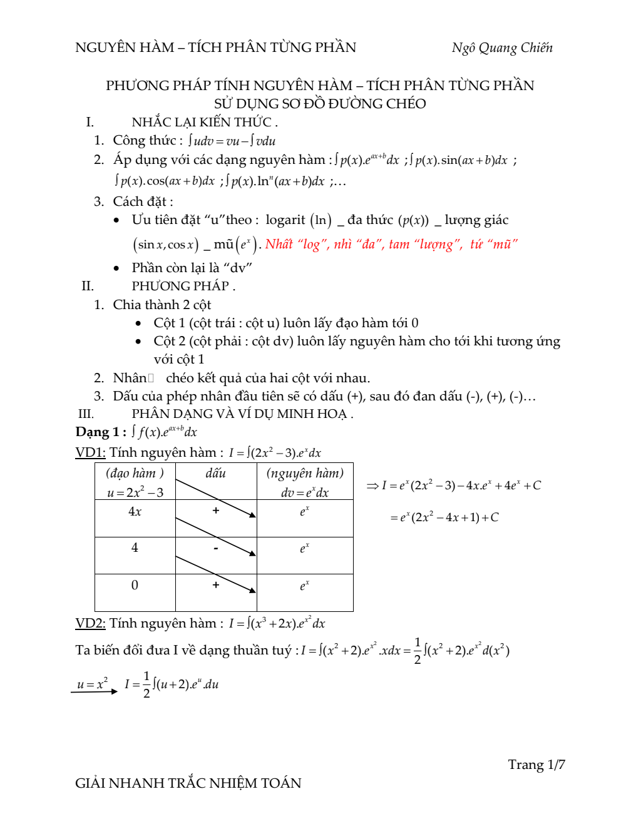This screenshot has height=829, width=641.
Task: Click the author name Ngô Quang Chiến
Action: click(x=502, y=48)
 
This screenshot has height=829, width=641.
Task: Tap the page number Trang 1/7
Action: click(x=536, y=765)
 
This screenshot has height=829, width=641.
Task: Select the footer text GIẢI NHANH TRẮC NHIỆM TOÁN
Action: click(x=188, y=783)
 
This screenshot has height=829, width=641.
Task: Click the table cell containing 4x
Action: click(x=135, y=512)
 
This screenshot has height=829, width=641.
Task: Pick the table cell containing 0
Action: click(x=135, y=586)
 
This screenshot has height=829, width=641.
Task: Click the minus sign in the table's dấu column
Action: click(x=216, y=548)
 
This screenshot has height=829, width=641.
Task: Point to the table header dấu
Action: click(x=215, y=474)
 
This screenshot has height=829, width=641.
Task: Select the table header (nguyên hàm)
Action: click(x=305, y=474)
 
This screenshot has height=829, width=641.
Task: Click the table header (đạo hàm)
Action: click(x=135, y=474)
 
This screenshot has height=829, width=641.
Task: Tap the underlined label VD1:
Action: click(x=90, y=452)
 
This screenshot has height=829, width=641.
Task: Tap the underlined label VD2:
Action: click(x=90, y=623)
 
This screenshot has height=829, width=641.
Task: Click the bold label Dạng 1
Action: click(x=97, y=432)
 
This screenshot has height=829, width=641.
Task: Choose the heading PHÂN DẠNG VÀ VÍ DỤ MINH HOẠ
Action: click(x=242, y=414)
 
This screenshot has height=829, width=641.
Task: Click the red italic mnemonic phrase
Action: click(x=391, y=244)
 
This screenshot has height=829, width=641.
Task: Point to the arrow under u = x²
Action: click(x=94, y=691)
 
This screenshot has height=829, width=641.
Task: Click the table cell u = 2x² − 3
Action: click(x=135, y=492)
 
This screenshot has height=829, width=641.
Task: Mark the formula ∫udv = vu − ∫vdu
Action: click(x=232, y=141)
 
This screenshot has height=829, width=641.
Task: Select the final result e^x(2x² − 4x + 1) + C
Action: click(x=444, y=517)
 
